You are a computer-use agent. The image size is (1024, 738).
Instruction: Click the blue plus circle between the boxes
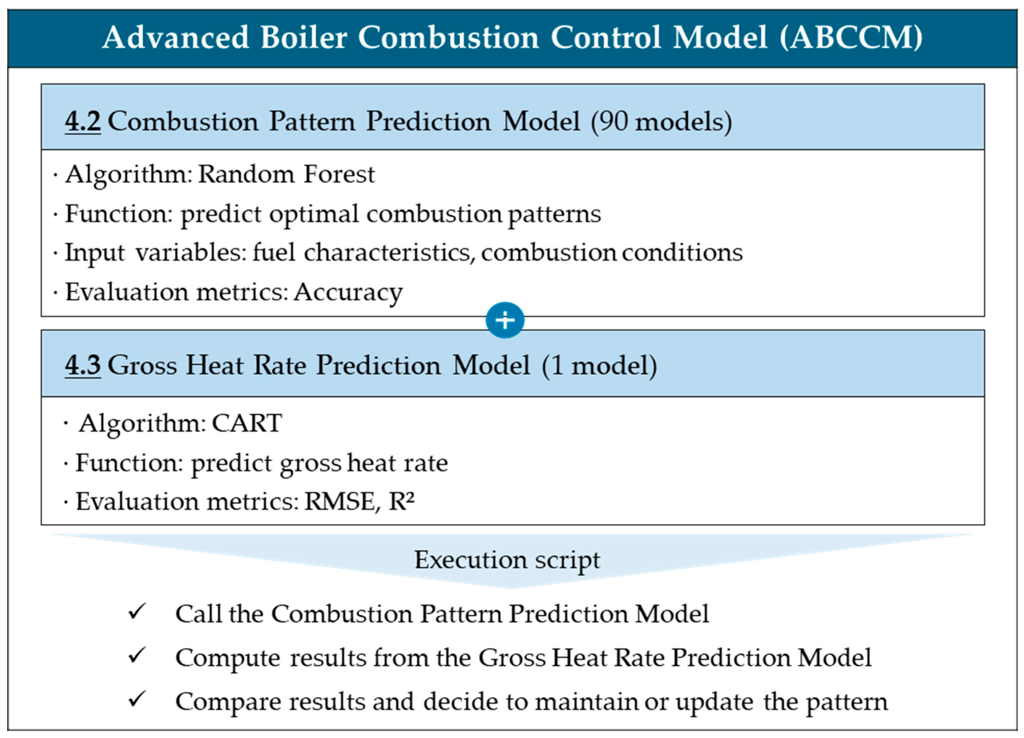(505, 320)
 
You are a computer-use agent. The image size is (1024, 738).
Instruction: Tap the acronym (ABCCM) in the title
(851, 37)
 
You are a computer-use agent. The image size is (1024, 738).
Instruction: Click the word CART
(247, 423)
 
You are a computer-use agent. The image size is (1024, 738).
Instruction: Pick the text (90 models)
(661, 122)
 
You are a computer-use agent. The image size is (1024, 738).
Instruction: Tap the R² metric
(401, 501)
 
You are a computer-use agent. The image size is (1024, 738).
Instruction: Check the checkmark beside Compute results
(136, 655)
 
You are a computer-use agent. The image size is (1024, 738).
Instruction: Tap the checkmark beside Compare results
(136, 699)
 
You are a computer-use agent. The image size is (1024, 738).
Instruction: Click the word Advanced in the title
(176, 37)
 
